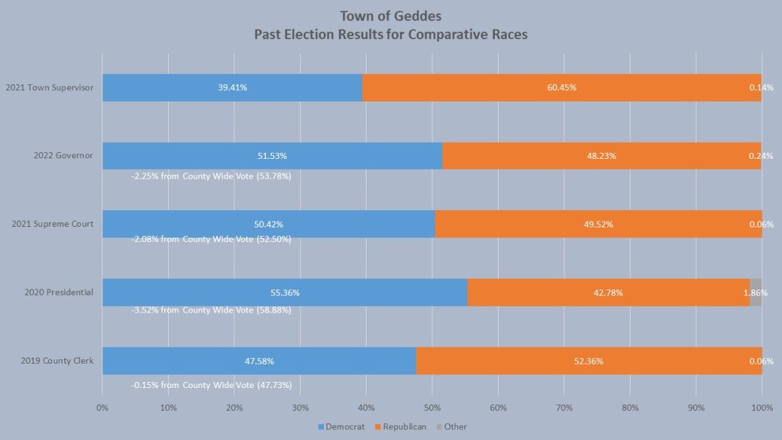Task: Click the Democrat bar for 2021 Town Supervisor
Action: pyautogui.click(x=232, y=88)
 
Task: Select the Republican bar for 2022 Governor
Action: pyautogui.click(x=601, y=156)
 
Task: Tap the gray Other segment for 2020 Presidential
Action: pyautogui.click(x=755, y=293)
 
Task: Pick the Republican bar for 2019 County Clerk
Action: pyautogui.click(x=588, y=361)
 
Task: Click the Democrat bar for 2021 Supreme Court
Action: pyautogui.click(x=268, y=224)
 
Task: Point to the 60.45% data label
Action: pyautogui.click(x=561, y=88)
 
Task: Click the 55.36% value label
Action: pyautogui.click(x=285, y=293)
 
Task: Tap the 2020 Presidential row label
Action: pyautogui.click(x=60, y=293)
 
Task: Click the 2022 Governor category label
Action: pyautogui.click(x=63, y=156)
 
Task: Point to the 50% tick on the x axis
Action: pyautogui.click(x=432, y=408)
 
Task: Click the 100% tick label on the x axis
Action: pyautogui.click(x=762, y=408)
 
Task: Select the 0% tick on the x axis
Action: pyautogui.click(x=102, y=408)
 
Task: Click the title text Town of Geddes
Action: pyautogui.click(x=392, y=16)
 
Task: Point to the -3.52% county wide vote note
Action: pyautogui.click(x=211, y=310)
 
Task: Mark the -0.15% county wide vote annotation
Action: pyautogui.click(x=211, y=385)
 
